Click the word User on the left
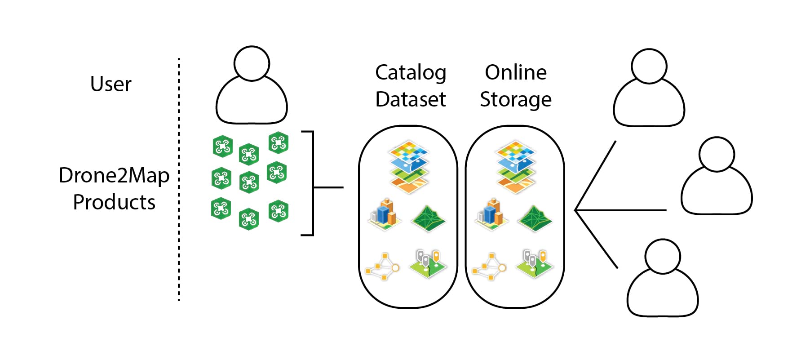111,84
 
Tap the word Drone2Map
114,175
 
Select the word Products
114,202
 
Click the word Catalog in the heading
410,73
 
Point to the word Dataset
410,99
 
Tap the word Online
516,73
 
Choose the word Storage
516,100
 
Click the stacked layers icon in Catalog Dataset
408,167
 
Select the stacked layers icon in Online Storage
515,167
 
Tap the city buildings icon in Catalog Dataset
385,214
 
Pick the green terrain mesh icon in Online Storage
534,218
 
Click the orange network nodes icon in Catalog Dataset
382,267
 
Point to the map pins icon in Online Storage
535,264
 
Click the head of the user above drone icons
252,63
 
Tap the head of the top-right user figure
649,66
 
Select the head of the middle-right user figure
716,154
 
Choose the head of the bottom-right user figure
662,256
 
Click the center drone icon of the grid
249,182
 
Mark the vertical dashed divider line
179,180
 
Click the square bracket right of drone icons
312,183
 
